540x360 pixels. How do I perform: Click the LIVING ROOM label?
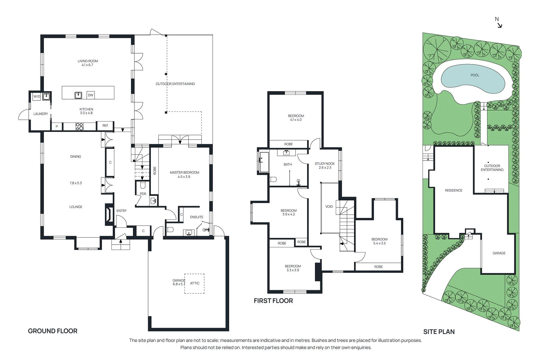tap(88, 61)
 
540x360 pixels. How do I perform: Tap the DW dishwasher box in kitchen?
tap(90, 95)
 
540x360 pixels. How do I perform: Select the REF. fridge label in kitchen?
tap(105, 126)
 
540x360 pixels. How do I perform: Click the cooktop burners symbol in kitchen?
tap(79, 127)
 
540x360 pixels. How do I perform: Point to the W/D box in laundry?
tap(36, 96)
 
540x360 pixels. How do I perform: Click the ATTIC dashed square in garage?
tap(194, 283)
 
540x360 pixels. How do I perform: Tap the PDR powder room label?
tap(143, 194)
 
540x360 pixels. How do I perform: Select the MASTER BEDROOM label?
tap(184, 172)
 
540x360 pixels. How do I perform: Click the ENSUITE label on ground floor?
tap(196, 217)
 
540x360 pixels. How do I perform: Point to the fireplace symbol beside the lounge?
tap(109, 214)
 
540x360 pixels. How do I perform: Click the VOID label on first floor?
tap(329, 206)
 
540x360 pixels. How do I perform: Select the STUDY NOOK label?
tap(325, 164)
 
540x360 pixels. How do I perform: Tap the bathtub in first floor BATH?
tap(264, 162)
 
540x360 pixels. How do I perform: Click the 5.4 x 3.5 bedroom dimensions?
tap(379, 243)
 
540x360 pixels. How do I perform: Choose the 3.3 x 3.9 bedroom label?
tap(293, 270)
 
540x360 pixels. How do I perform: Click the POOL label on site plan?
tap(475, 75)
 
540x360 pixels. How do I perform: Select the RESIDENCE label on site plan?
tap(454, 190)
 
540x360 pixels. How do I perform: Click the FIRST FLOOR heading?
tap(273, 301)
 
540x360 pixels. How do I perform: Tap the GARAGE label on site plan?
tap(499, 253)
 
